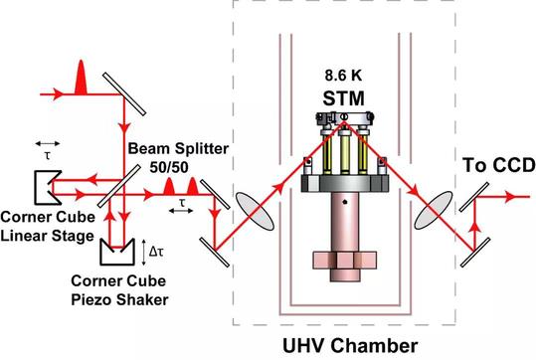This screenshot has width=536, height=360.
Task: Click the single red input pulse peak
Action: click(x=81, y=78)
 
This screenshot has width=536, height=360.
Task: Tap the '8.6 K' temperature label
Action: click(x=343, y=76)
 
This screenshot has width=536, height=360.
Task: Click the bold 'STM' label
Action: click(x=343, y=98)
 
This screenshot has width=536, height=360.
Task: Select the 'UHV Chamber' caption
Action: click(x=350, y=345)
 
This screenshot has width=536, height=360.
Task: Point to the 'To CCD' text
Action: click(x=499, y=165)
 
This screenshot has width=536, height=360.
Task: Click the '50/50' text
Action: click(x=169, y=167)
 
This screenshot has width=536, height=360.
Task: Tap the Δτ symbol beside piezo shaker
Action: click(x=156, y=252)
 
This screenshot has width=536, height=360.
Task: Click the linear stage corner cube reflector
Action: click(x=48, y=188)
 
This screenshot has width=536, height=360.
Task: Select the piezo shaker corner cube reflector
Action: click(x=117, y=252)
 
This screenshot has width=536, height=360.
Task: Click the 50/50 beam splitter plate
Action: click(x=118, y=186)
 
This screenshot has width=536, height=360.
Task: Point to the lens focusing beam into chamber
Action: click(x=255, y=211)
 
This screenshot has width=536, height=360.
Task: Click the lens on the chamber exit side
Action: click(x=434, y=210)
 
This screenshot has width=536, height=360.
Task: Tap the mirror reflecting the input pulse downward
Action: click(x=124, y=94)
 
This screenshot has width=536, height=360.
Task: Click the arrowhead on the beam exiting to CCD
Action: click(x=510, y=197)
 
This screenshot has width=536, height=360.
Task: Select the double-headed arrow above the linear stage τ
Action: click(x=48, y=143)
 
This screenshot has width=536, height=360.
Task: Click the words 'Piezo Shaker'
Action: click(x=119, y=299)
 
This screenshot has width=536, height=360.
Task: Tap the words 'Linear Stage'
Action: click(x=47, y=236)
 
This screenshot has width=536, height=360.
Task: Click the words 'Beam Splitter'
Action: click(x=178, y=149)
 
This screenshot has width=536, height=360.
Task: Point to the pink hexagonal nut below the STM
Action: click(x=344, y=261)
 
